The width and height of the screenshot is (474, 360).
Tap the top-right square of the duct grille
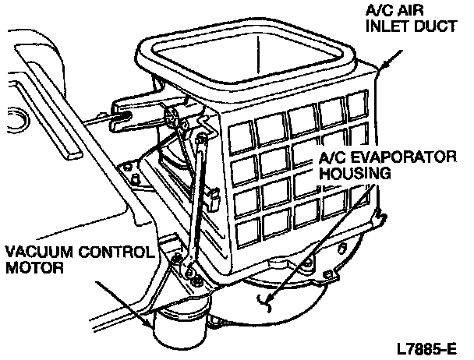tap(358, 104)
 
